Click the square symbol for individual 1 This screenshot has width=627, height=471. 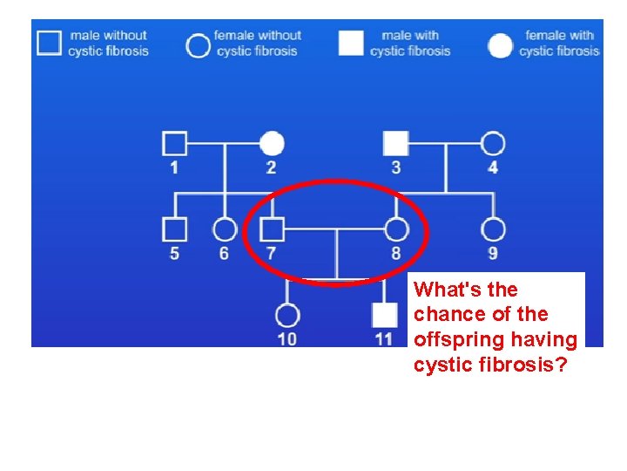click(175, 142)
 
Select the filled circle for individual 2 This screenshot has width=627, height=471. click(273, 142)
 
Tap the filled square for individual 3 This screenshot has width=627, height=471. click(396, 142)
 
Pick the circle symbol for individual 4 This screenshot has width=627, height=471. click(493, 142)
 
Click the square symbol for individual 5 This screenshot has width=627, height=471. click(175, 229)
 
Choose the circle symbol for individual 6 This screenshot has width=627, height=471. click(225, 229)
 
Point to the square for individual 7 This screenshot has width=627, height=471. click(273, 229)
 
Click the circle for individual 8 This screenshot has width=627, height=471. click(396, 229)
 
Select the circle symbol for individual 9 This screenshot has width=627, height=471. click(493, 229)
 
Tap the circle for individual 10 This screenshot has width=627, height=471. click(287, 315)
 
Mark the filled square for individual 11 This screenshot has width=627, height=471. click(384, 315)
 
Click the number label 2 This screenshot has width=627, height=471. click(272, 167)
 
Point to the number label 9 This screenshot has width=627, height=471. click(493, 254)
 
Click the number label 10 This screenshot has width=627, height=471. click(287, 339)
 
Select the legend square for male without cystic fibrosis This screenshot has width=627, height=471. click(50, 43)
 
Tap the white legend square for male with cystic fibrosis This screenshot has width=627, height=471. click(351, 43)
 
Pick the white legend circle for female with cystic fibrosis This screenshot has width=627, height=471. click(500, 45)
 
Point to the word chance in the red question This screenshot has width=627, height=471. click(443, 315)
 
